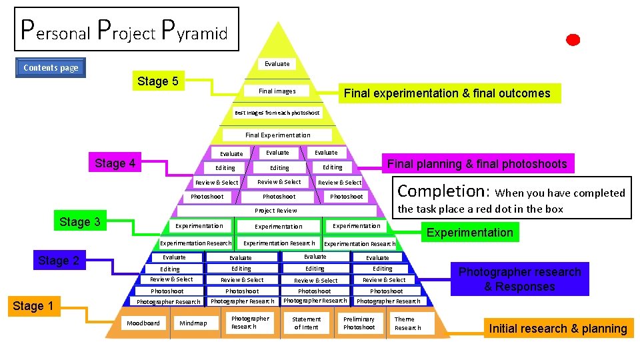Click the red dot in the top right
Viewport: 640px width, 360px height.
pyautogui.click(x=573, y=40)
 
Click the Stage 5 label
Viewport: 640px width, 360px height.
pyautogui.click(x=157, y=81)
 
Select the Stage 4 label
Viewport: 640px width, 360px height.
pyautogui.click(x=115, y=163)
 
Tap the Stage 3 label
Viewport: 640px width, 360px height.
pyautogui.click(x=80, y=222)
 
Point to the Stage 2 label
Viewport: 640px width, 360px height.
pyautogui.click(x=58, y=261)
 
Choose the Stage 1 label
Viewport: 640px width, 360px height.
pyautogui.click(x=33, y=306)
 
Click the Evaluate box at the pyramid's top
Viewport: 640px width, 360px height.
pyautogui.click(x=277, y=64)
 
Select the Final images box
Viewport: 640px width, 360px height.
pyautogui.click(x=277, y=91)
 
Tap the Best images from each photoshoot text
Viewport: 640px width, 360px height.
pyautogui.click(x=277, y=113)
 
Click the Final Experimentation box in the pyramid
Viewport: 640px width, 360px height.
pyautogui.click(x=277, y=135)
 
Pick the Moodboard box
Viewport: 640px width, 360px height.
pyautogui.click(x=143, y=323)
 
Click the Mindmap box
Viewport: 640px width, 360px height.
pyautogui.click(x=193, y=323)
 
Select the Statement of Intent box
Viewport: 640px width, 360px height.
pyautogui.click(x=306, y=323)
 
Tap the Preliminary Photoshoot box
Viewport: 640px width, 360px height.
pyautogui.click(x=359, y=323)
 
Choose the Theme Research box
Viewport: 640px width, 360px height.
pyautogui.click(x=407, y=323)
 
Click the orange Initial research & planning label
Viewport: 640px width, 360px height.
pyautogui.click(x=557, y=328)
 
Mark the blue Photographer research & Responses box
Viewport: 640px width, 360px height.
pyautogui.click(x=519, y=279)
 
